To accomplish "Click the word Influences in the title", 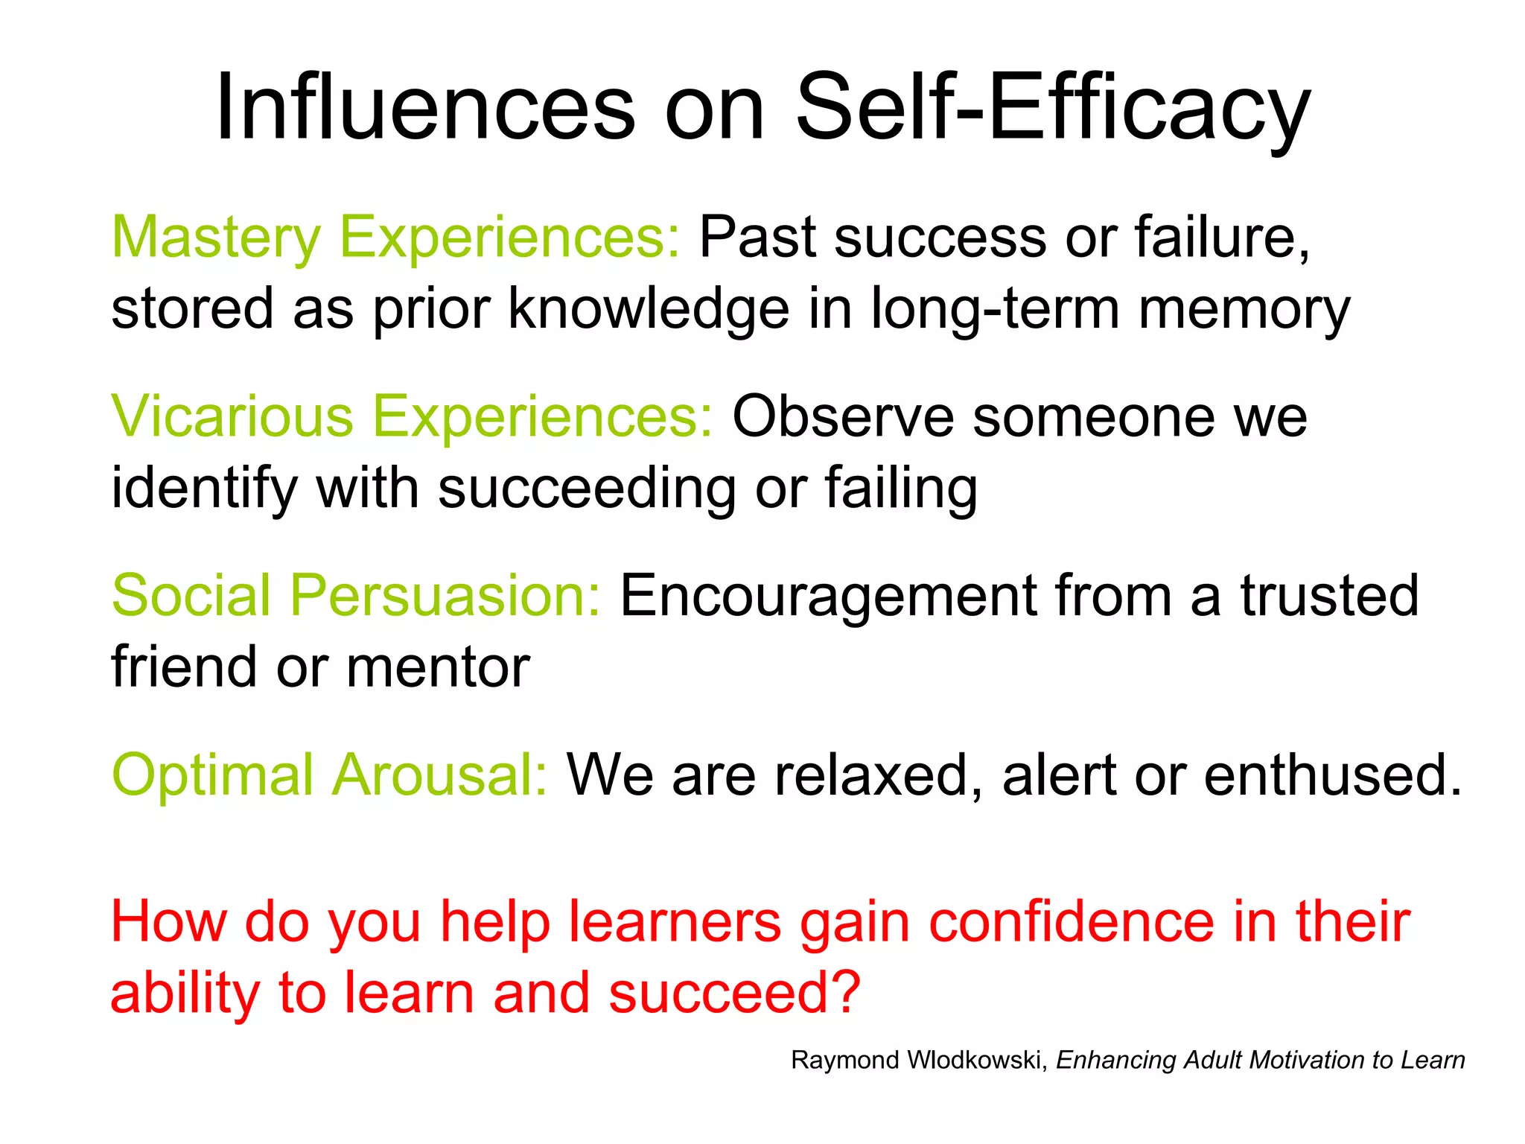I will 424,108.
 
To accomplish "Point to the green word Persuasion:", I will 445,596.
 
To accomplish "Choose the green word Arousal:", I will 439,775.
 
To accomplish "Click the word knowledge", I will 648,309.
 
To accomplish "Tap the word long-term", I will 995,309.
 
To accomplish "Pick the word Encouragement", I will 828,596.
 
